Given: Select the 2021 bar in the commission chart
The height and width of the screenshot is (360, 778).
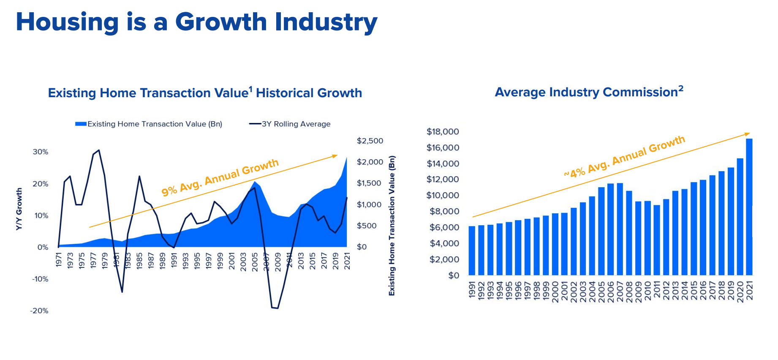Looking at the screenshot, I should [x=749, y=207].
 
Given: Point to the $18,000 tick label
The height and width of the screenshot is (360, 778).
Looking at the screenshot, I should [x=442, y=131].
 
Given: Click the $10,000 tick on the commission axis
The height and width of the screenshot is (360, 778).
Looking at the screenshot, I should [x=442, y=195].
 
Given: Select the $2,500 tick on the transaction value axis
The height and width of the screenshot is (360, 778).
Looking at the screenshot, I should [x=370, y=141].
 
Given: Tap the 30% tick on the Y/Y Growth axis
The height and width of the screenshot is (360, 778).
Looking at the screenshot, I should [x=41, y=152].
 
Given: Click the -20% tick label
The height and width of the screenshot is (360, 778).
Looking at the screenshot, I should [x=39, y=311].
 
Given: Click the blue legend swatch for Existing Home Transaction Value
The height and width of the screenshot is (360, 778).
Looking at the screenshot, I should [x=81, y=124].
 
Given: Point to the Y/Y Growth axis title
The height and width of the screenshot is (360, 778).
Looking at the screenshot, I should [x=19, y=209].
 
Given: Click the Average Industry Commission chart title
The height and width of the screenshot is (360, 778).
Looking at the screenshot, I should [x=589, y=92].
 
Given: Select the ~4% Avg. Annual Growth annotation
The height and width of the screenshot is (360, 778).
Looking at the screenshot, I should [x=624, y=157].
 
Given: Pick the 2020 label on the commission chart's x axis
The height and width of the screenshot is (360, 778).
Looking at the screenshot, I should [x=740, y=292].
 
